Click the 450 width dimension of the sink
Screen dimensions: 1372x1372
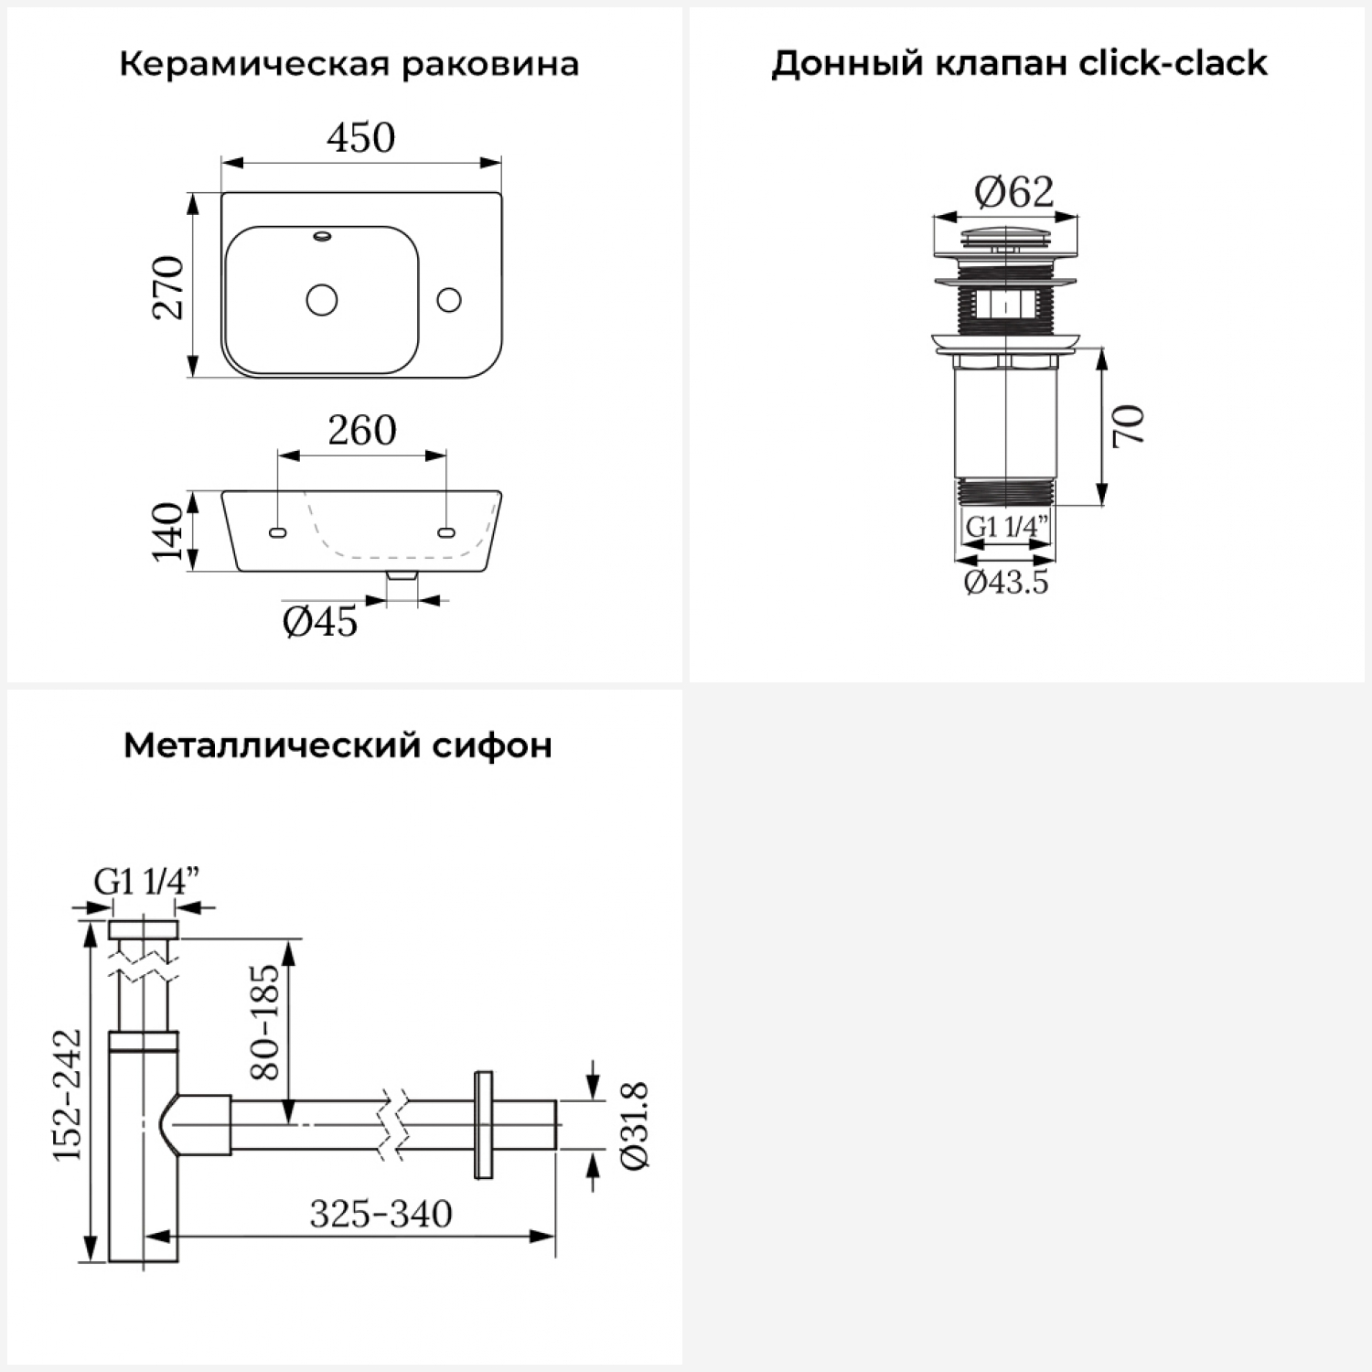pyautogui.click(x=361, y=138)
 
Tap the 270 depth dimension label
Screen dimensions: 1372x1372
pyautogui.click(x=169, y=286)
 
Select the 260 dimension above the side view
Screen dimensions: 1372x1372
pyautogui.click(x=362, y=431)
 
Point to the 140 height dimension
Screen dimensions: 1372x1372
pyautogui.click(x=168, y=531)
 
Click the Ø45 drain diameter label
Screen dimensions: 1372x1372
pyautogui.click(x=320, y=623)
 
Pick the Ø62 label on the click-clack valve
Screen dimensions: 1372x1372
pyautogui.click(x=1013, y=192)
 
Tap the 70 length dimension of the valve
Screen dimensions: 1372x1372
pyautogui.click(x=1130, y=424)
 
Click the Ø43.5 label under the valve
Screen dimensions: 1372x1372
pyautogui.click(x=1006, y=583)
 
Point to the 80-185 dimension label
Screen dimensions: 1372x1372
pyautogui.click(x=264, y=1021)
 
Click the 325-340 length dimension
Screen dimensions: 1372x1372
pyautogui.click(x=381, y=1215)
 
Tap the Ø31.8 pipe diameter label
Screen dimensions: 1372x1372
pyautogui.click(x=634, y=1125)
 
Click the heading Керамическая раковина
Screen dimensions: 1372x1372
pyautogui.click(x=348, y=65)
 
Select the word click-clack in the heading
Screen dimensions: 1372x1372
pyautogui.click(x=1173, y=63)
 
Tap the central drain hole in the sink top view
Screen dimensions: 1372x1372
pyautogui.click(x=322, y=299)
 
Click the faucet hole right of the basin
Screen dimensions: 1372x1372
pyautogui.click(x=449, y=299)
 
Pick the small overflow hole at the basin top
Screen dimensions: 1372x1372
pyautogui.click(x=322, y=237)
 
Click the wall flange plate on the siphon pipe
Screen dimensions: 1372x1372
pyautogui.click(x=483, y=1124)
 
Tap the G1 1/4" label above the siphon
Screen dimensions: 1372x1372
pyautogui.click(x=146, y=882)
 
